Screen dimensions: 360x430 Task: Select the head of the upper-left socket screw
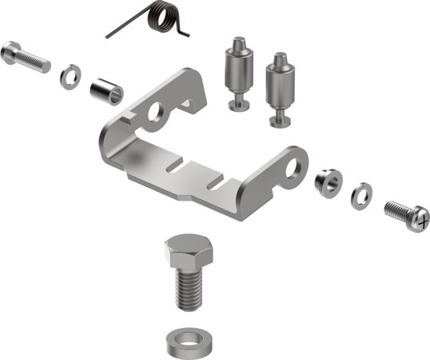pyautogui.click(x=11, y=52)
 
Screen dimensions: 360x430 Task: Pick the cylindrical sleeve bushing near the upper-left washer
pyautogui.click(x=107, y=90)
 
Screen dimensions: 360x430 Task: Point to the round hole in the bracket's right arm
pyautogui.click(x=298, y=165)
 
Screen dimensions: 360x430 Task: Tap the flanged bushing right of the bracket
pyautogui.click(x=328, y=181)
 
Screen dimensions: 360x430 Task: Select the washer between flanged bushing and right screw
pyautogui.click(x=361, y=194)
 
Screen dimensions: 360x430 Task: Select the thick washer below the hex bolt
pyautogui.click(x=189, y=342)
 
